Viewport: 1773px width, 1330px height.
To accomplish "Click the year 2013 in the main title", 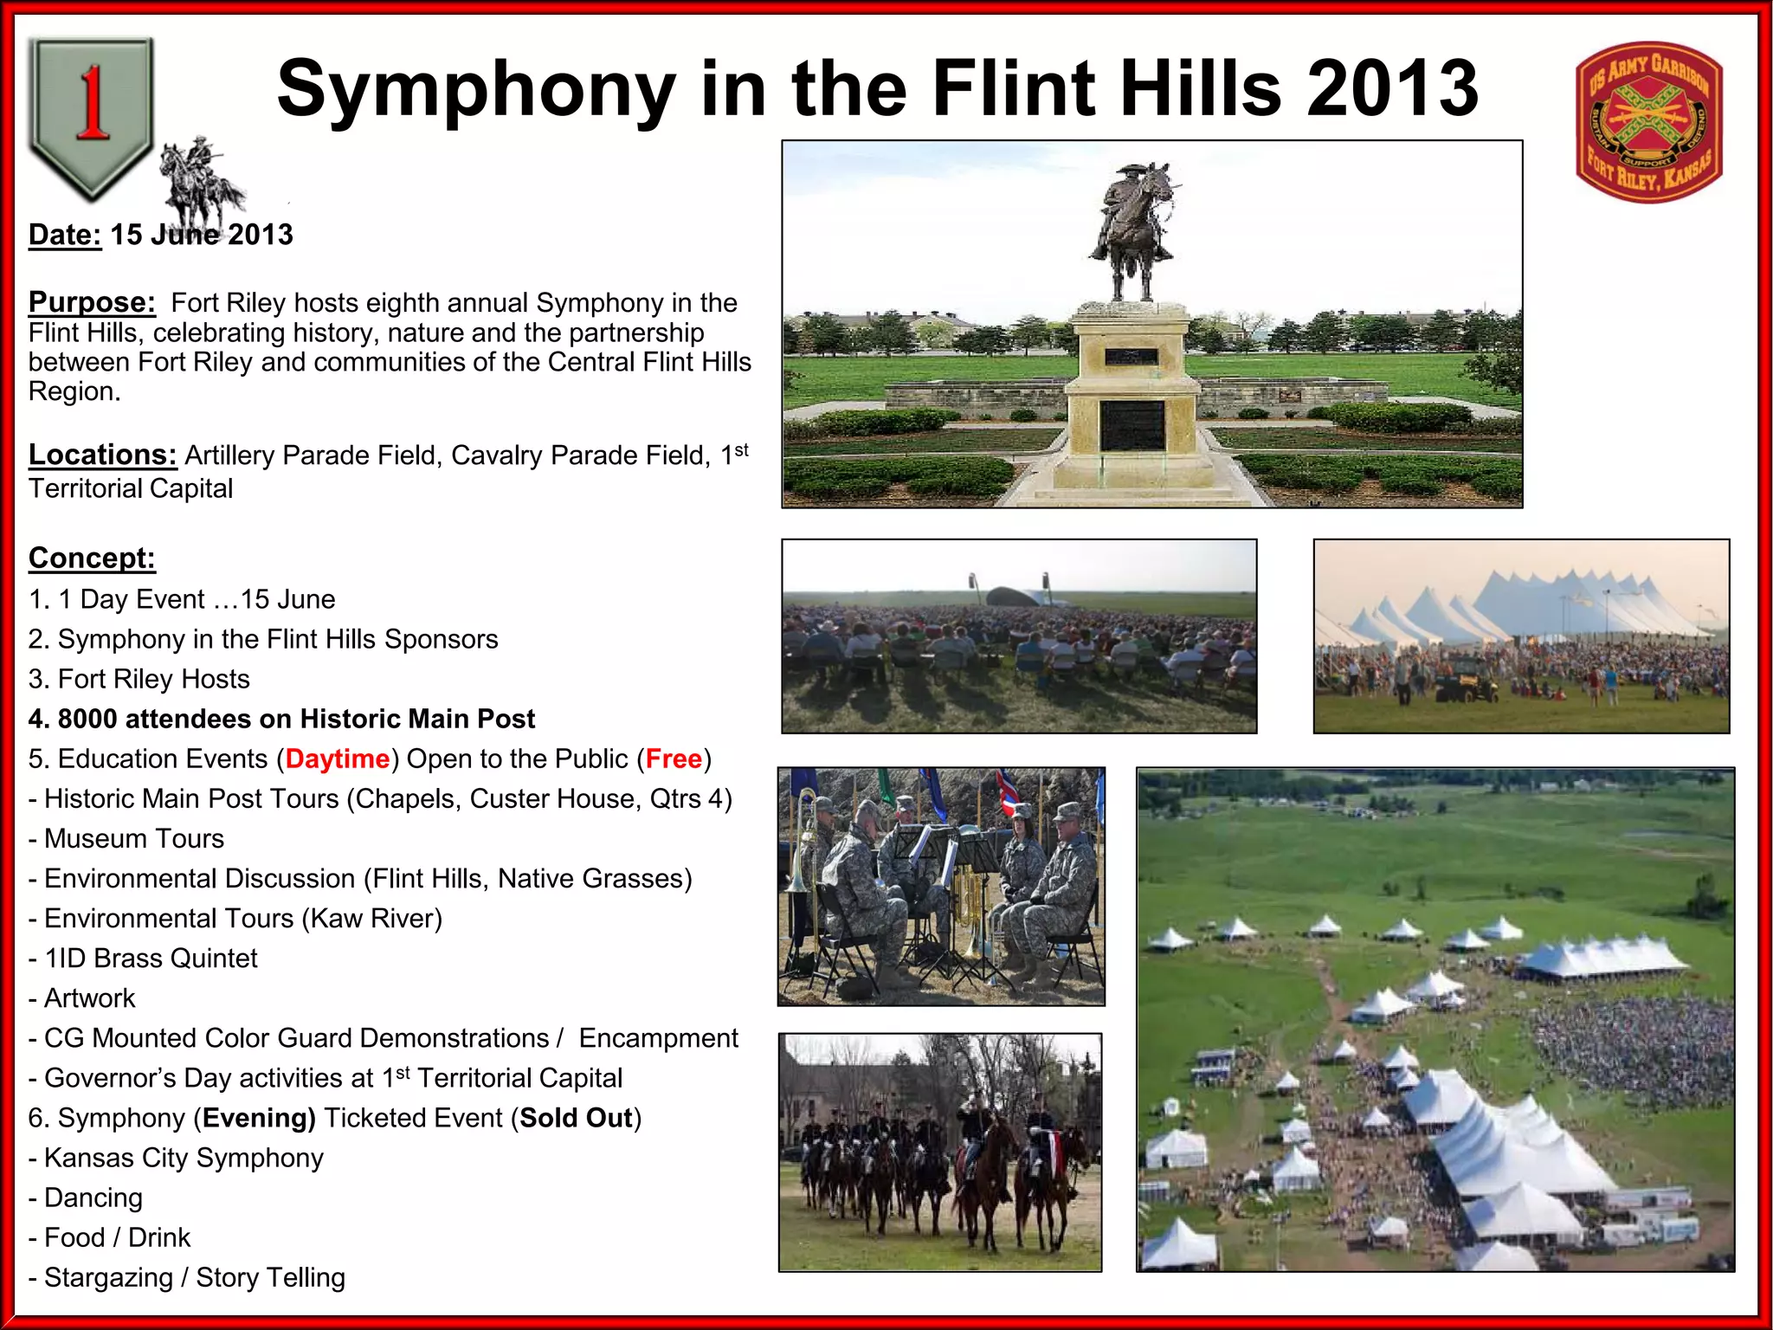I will tap(1392, 88).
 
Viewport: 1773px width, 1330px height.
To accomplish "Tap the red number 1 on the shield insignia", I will tap(92, 104).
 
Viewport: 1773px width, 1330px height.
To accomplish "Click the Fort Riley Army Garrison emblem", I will tap(1649, 122).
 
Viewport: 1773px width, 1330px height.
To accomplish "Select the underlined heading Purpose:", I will tap(92, 302).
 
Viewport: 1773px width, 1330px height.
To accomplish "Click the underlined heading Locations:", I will tap(102, 455).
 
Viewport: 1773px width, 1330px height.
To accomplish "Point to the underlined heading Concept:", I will tap(92, 558).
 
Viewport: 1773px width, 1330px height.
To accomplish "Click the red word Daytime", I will tap(337, 759).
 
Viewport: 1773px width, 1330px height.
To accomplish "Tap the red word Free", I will tap(674, 759).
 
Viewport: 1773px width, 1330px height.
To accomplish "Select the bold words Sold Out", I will tap(576, 1118).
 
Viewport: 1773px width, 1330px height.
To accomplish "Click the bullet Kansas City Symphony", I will tap(183, 1158).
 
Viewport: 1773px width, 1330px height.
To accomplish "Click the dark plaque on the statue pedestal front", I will tap(1131, 425).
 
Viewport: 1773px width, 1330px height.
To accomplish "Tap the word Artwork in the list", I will tap(90, 998).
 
